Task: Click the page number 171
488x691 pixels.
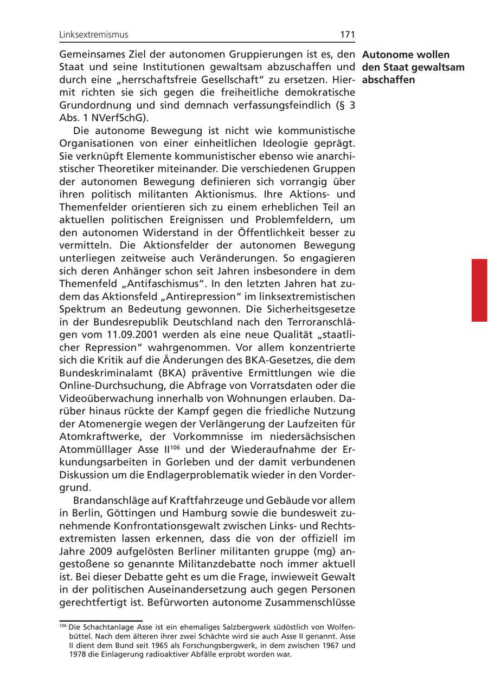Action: [x=348, y=35]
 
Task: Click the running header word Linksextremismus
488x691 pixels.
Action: [x=94, y=35]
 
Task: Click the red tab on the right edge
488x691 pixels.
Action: [x=479, y=290]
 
